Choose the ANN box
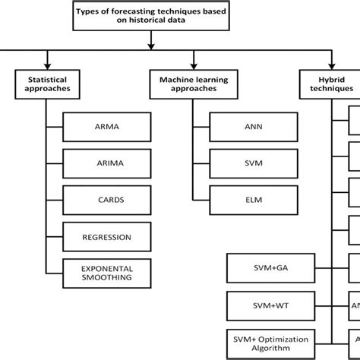click(250, 127)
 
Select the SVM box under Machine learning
click(250, 163)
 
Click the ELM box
click(250, 200)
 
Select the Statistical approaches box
click(47, 84)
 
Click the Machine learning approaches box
click(193, 84)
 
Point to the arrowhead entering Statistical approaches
click(47, 65)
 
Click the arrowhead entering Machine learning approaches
click(193, 65)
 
